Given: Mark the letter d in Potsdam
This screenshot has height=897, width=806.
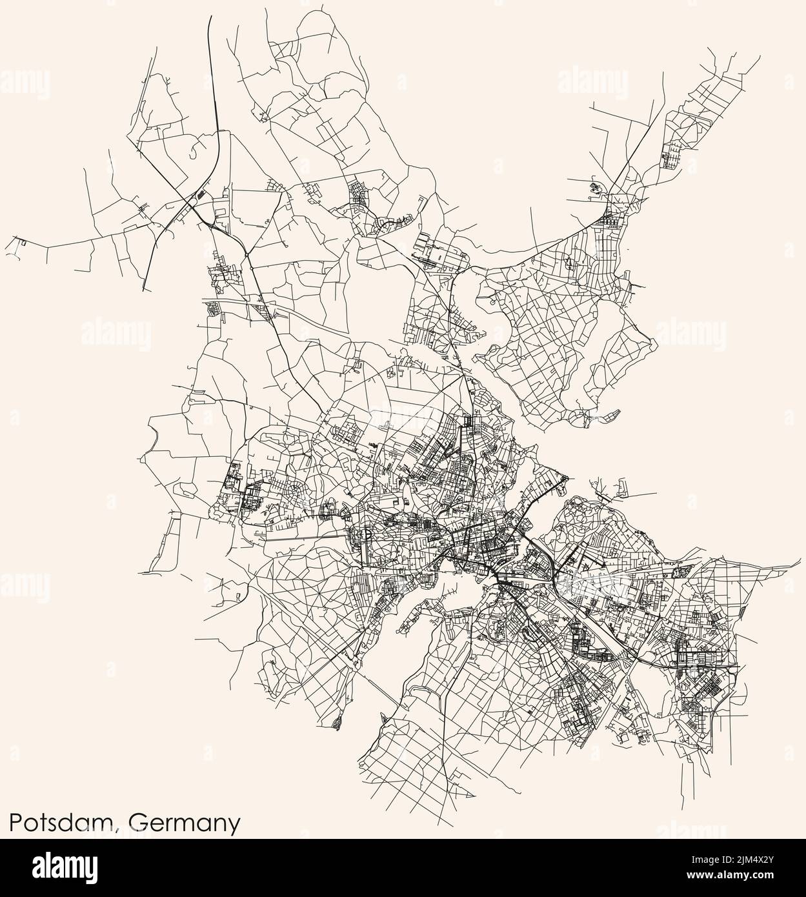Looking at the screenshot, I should pos(77,823).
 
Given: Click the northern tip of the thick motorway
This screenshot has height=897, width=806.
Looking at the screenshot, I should pos(210,17).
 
